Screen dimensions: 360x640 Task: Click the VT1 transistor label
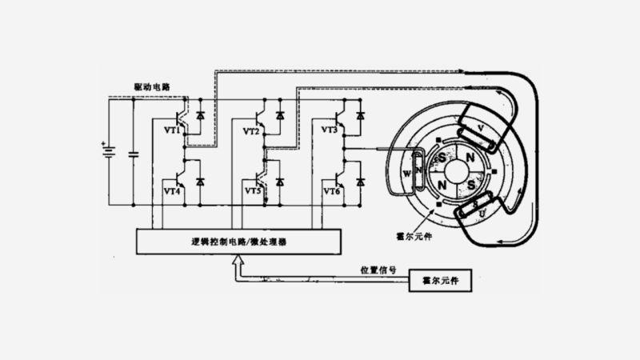(171, 130)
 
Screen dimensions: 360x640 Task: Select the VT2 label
(250, 130)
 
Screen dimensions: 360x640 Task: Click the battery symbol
(105, 151)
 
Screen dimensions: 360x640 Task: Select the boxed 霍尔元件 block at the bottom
(440, 281)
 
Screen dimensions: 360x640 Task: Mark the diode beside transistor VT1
(201, 115)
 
